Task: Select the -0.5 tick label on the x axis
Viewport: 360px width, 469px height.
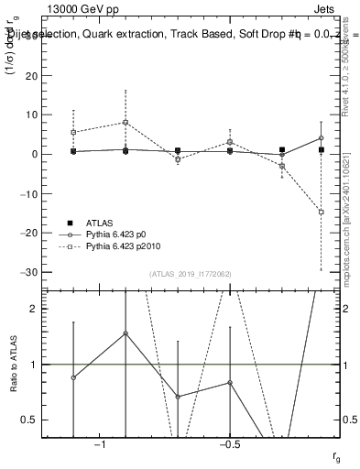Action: coord(229,444)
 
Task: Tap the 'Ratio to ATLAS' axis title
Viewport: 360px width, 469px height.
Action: coord(12,364)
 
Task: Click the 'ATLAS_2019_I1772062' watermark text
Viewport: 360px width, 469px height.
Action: coord(191,274)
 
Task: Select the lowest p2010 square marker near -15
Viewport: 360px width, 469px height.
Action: coord(322,212)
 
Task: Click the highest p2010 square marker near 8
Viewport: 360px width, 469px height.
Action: coord(125,122)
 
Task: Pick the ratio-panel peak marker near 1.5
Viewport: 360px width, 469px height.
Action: coord(125,333)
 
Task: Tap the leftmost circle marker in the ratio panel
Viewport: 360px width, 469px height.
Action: coord(73,377)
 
